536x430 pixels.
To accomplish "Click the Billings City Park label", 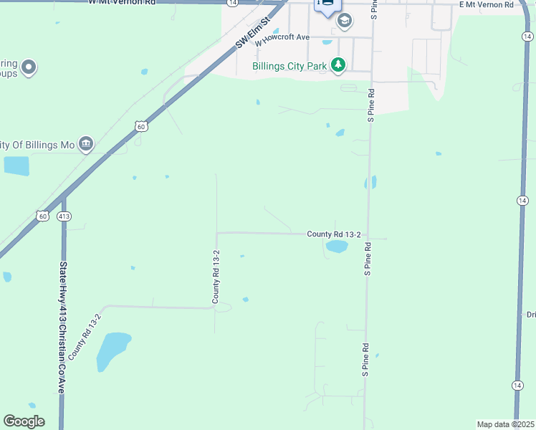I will [x=289, y=67].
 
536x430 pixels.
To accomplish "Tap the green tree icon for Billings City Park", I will [x=338, y=66].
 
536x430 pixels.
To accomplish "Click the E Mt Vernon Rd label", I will [x=487, y=4].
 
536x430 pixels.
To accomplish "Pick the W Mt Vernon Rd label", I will [x=122, y=3].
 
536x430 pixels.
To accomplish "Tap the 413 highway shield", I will [x=64, y=216].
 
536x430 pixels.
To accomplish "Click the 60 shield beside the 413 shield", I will [x=42, y=216].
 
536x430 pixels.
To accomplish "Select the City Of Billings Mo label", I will [x=37, y=145].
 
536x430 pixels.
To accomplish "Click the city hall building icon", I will [x=86, y=145].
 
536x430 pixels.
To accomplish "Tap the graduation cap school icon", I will [x=345, y=21].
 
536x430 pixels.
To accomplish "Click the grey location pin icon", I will [x=29, y=68].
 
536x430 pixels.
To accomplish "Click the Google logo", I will [x=24, y=421].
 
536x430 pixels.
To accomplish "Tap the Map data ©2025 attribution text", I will [x=505, y=424].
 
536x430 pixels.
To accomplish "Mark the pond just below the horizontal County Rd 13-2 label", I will [x=336, y=247].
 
